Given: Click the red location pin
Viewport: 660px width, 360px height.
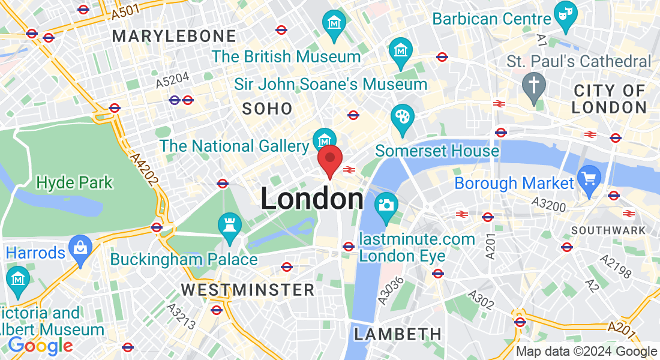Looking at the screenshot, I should pyautogui.click(x=329, y=160).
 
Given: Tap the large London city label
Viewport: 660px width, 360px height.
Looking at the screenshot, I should pyautogui.click(x=312, y=199).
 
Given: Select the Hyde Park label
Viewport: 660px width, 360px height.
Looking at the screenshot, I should pyautogui.click(x=74, y=182).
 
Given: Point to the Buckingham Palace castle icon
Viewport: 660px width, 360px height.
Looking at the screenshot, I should pyautogui.click(x=230, y=225).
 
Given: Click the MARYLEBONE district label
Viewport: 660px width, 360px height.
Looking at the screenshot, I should pyautogui.click(x=174, y=36).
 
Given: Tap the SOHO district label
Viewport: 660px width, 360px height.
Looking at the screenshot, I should pyautogui.click(x=267, y=109).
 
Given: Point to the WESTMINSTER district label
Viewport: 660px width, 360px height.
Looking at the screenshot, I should pyautogui.click(x=248, y=290).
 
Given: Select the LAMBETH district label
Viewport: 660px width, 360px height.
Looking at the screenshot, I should pyautogui.click(x=398, y=334).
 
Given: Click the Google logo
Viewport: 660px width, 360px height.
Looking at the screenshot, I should pyautogui.click(x=40, y=346).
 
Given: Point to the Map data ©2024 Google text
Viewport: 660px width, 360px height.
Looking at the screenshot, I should pyautogui.click(x=587, y=352).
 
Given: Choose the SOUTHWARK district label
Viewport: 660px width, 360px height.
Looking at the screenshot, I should pyautogui.click(x=608, y=230).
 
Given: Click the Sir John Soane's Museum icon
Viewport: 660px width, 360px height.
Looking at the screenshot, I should pyautogui.click(x=400, y=49).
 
